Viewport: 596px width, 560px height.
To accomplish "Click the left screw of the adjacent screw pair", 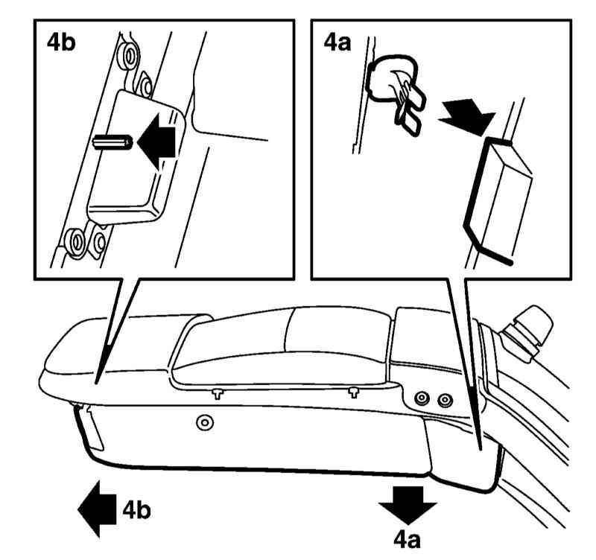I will [422, 400].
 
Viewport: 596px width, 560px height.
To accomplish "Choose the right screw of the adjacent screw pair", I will [445, 400].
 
